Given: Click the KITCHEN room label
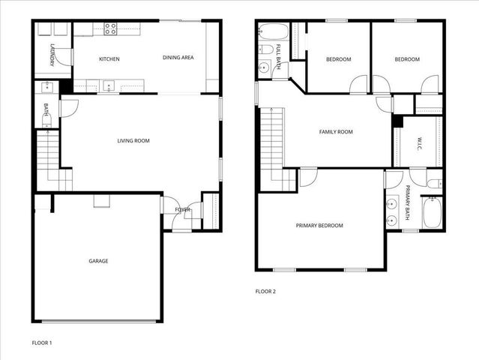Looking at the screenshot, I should [x=109, y=58].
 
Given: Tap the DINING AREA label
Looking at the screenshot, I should [x=178, y=58].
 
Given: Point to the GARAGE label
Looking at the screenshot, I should [x=98, y=261].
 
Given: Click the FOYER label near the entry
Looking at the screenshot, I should [x=182, y=209].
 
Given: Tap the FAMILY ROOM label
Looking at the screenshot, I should [x=336, y=132].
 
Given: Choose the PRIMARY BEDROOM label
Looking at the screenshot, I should [x=319, y=226].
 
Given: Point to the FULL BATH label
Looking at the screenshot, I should [x=278, y=58].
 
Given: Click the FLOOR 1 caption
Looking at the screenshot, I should [x=41, y=342].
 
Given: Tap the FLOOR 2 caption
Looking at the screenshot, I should [x=265, y=291].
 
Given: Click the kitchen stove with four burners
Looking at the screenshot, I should [x=110, y=29].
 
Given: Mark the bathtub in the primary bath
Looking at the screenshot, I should [x=433, y=212].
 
